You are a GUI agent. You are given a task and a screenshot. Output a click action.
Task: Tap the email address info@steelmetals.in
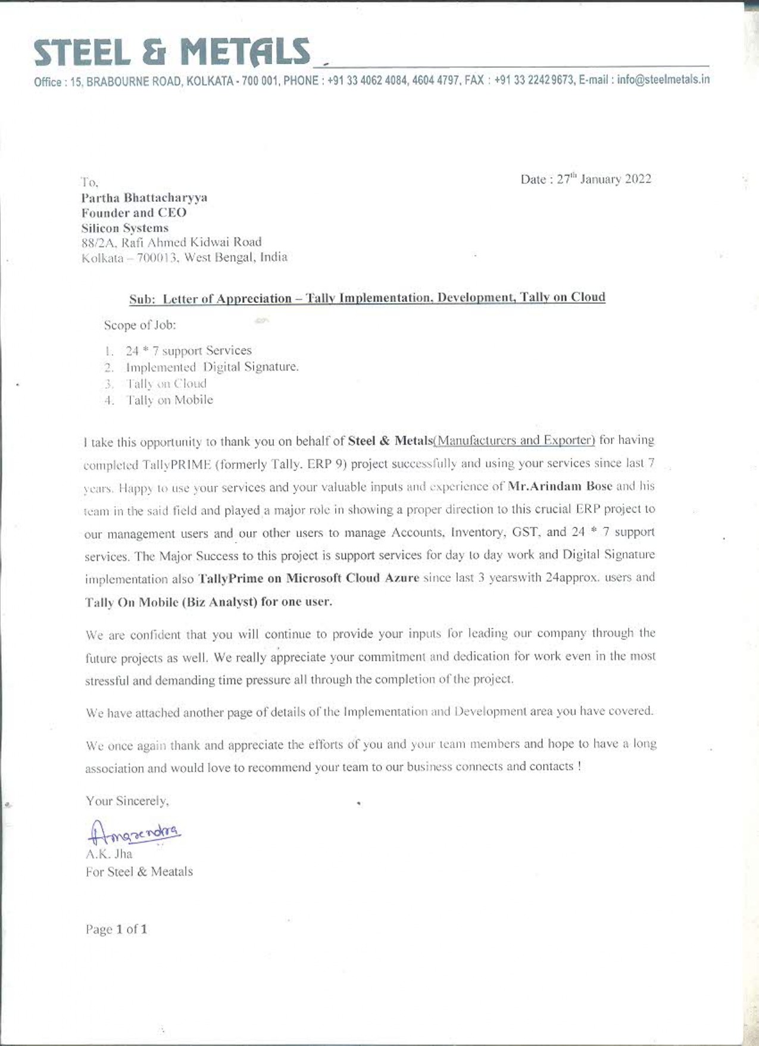pyautogui.click(x=663, y=80)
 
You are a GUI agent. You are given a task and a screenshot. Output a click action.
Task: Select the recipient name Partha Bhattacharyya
pyautogui.click(x=144, y=198)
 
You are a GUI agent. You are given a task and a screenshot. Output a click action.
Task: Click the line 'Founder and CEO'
pyautogui.click(x=134, y=213)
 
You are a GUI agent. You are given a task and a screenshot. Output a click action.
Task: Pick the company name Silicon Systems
pyautogui.click(x=125, y=228)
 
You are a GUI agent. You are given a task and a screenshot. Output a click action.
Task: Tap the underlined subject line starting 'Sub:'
pyautogui.click(x=367, y=298)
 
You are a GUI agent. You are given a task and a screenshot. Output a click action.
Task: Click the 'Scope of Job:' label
pyautogui.click(x=140, y=325)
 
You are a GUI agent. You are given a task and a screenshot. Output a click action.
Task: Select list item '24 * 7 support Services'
pyautogui.click(x=188, y=351)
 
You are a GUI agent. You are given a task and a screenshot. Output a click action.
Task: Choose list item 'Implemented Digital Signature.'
pyautogui.click(x=212, y=367)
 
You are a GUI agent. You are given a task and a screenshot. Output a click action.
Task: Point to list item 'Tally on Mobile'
pyautogui.click(x=169, y=400)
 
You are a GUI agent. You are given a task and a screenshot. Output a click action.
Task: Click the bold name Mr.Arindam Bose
pyautogui.click(x=560, y=486)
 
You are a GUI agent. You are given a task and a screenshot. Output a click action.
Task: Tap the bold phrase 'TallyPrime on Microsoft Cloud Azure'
pyautogui.click(x=308, y=578)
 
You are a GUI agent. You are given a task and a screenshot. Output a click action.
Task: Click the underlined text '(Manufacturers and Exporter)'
pyautogui.click(x=514, y=441)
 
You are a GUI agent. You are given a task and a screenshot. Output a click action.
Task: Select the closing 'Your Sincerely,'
pyautogui.click(x=127, y=801)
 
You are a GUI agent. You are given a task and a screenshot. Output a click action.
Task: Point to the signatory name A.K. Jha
pyautogui.click(x=109, y=854)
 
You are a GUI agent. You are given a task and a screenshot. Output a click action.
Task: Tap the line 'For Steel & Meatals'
pyautogui.click(x=139, y=872)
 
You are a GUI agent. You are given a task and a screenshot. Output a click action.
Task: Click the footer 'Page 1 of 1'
pyautogui.click(x=117, y=929)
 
